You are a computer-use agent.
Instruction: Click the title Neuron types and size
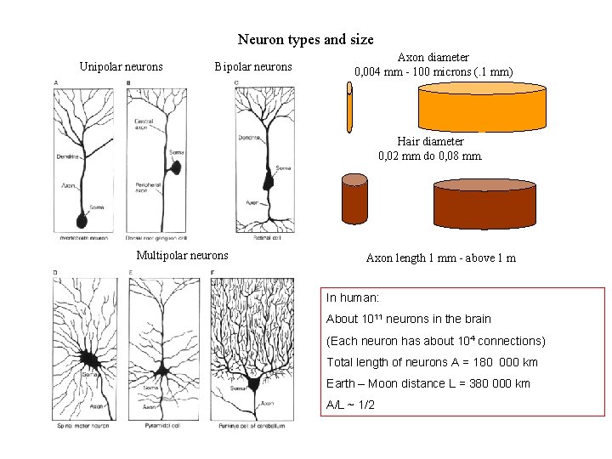[x=305, y=39]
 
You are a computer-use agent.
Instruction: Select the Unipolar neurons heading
[x=121, y=66]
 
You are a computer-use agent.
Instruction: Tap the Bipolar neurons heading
[x=252, y=66]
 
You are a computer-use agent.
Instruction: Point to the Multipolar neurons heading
[x=182, y=255]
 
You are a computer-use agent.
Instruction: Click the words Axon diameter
[x=433, y=58]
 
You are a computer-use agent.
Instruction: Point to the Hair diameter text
[x=430, y=141]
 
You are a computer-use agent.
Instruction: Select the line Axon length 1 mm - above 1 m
[x=440, y=258]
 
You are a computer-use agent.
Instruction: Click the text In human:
[x=353, y=298]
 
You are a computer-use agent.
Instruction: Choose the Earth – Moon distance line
[x=428, y=383]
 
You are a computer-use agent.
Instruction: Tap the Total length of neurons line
[x=432, y=362]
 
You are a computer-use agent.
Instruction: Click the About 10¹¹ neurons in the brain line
[x=409, y=320]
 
